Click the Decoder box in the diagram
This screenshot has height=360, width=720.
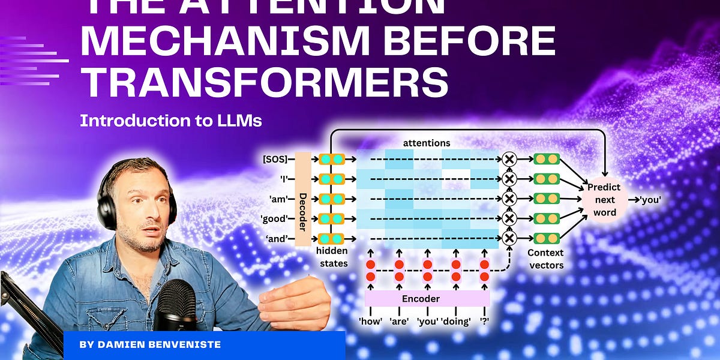303,199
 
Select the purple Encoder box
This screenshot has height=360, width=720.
427,299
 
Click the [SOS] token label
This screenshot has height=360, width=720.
275,159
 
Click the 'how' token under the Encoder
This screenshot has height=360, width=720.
370,321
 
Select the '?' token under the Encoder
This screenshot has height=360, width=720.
484,321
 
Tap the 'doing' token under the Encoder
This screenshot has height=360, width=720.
457,321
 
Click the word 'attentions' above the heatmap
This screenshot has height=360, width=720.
427,143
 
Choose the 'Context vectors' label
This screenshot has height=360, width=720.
547,259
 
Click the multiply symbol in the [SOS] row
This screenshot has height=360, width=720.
509,159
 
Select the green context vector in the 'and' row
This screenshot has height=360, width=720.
546,238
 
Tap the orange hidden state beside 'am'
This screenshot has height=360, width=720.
332,199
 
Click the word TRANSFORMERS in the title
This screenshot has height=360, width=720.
264,81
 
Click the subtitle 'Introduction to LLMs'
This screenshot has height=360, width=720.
171,121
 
